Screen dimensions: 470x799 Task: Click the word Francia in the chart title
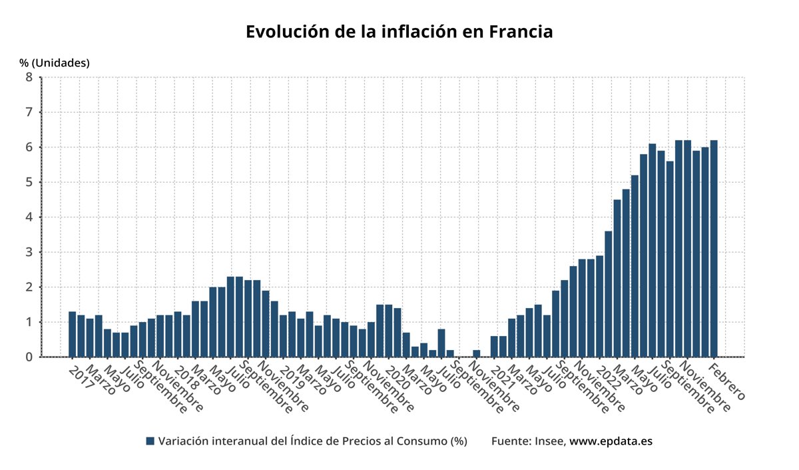click(521, 32)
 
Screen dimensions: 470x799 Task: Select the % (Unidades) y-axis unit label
click(55, 63)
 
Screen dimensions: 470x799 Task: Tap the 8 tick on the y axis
click(29, 77)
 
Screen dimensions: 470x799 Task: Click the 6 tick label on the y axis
click(29, 147)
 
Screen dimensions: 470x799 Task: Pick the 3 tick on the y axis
click(29, 252)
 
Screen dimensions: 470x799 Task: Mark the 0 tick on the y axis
click(29, 357)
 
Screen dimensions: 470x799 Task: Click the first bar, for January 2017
click(73, 334)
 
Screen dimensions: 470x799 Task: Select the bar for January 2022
click(599, 306)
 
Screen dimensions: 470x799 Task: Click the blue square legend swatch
click(150, 441)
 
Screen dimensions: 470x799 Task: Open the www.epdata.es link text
click(611, 441)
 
